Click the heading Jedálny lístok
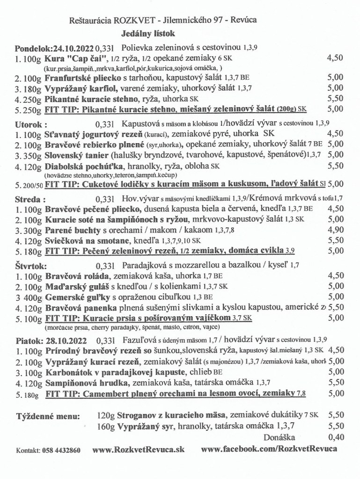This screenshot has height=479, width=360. pyautogui.click(x=148, y=34)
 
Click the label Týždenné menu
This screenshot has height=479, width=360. pyautogui.click(x=48, y=415)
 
